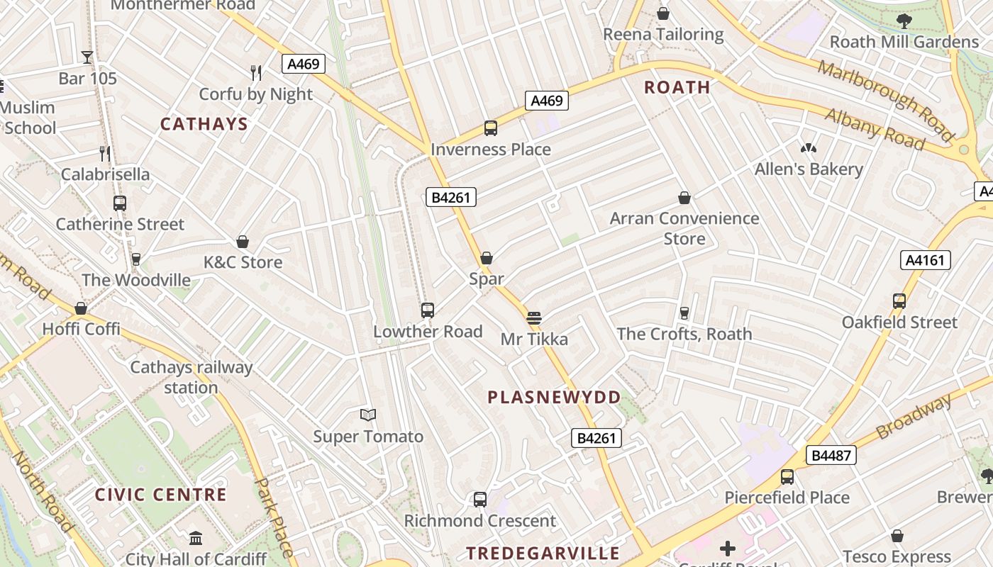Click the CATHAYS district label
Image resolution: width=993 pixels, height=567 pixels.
click(204, 125)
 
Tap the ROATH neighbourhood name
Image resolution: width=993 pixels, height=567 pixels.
click(677, 88)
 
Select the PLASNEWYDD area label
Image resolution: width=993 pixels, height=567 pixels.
click(554, 398)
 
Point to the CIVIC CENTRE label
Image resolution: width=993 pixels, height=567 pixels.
click(160, 495)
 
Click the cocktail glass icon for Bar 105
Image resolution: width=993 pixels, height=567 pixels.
click(87, 57)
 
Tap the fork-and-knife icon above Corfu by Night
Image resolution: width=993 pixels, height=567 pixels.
click(256, 72)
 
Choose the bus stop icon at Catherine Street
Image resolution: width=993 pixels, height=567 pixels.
click(120, 203)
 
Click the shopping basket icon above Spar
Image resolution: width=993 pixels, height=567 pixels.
click(487, 258)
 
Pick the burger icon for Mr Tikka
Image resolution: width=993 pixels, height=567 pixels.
click(534, 318)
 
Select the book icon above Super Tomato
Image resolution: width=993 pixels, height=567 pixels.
click(368, 415)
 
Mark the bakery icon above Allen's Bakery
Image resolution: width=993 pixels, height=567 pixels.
click(808, 148)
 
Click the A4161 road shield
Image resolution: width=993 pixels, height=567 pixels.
click(926, 260)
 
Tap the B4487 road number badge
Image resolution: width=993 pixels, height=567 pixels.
click(831, 455)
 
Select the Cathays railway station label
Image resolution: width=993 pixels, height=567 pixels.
click(191, 377)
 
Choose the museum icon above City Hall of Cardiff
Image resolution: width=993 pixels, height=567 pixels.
click(196, 538)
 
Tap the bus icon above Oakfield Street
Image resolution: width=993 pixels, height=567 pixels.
click(899, 301)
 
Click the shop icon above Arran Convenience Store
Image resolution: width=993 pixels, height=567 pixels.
click(684, 198)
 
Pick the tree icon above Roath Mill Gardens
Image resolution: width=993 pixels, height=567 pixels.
click(904, 21)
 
